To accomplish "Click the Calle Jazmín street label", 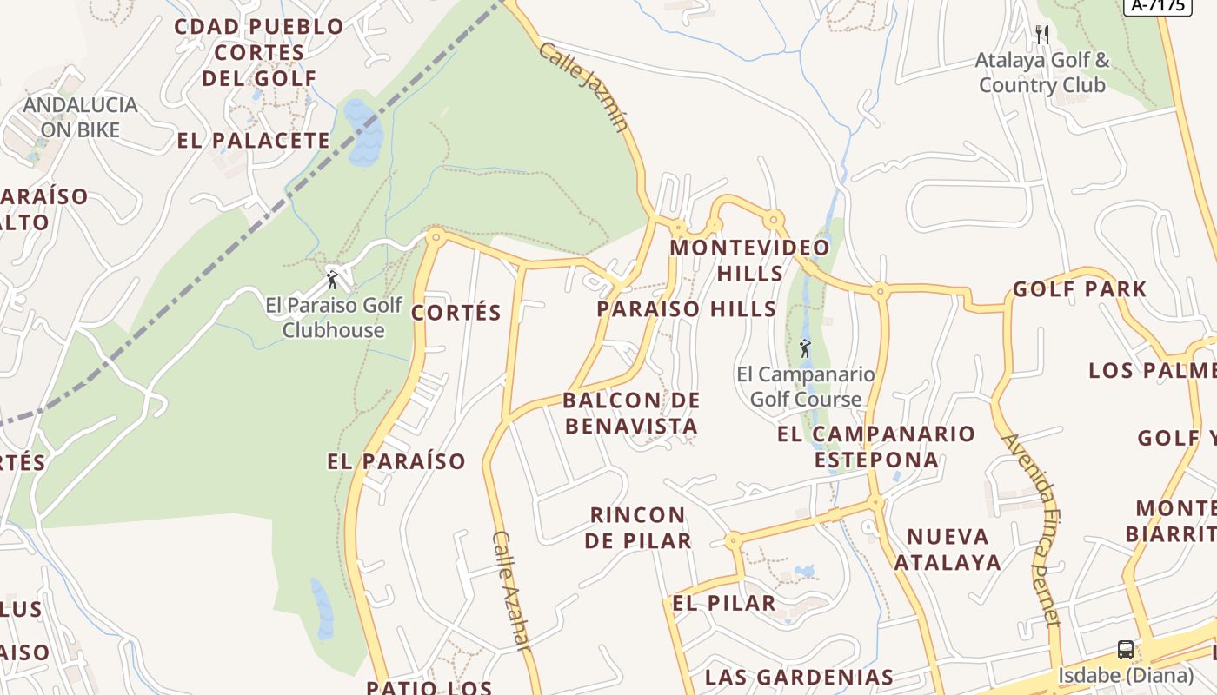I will (x=582, y=86).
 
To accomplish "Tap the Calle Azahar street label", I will (x=510, y=590).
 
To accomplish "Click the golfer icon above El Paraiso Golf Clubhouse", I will (x=332, y=280).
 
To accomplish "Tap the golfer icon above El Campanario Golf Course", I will (x=805, y=349).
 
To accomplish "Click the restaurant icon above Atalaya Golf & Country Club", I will (x=1041, y=35).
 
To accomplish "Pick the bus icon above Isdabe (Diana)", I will (x=1125, y=650).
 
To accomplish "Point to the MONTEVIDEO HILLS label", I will (x=749, y=260).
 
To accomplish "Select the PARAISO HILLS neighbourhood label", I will (x=687, y=309).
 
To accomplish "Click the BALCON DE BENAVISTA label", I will (x=631, y=414).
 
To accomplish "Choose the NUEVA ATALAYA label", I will (x=948, y=549).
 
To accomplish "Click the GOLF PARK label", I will (x=1080, y=289).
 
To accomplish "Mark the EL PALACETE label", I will (x=254, y=141).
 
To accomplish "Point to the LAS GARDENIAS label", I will (x=799, y=677).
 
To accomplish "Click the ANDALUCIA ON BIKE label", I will (x=80, y=117).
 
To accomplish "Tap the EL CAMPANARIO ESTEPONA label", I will (x=876, y=447).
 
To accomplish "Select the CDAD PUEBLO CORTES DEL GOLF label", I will (x=259, y=52).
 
